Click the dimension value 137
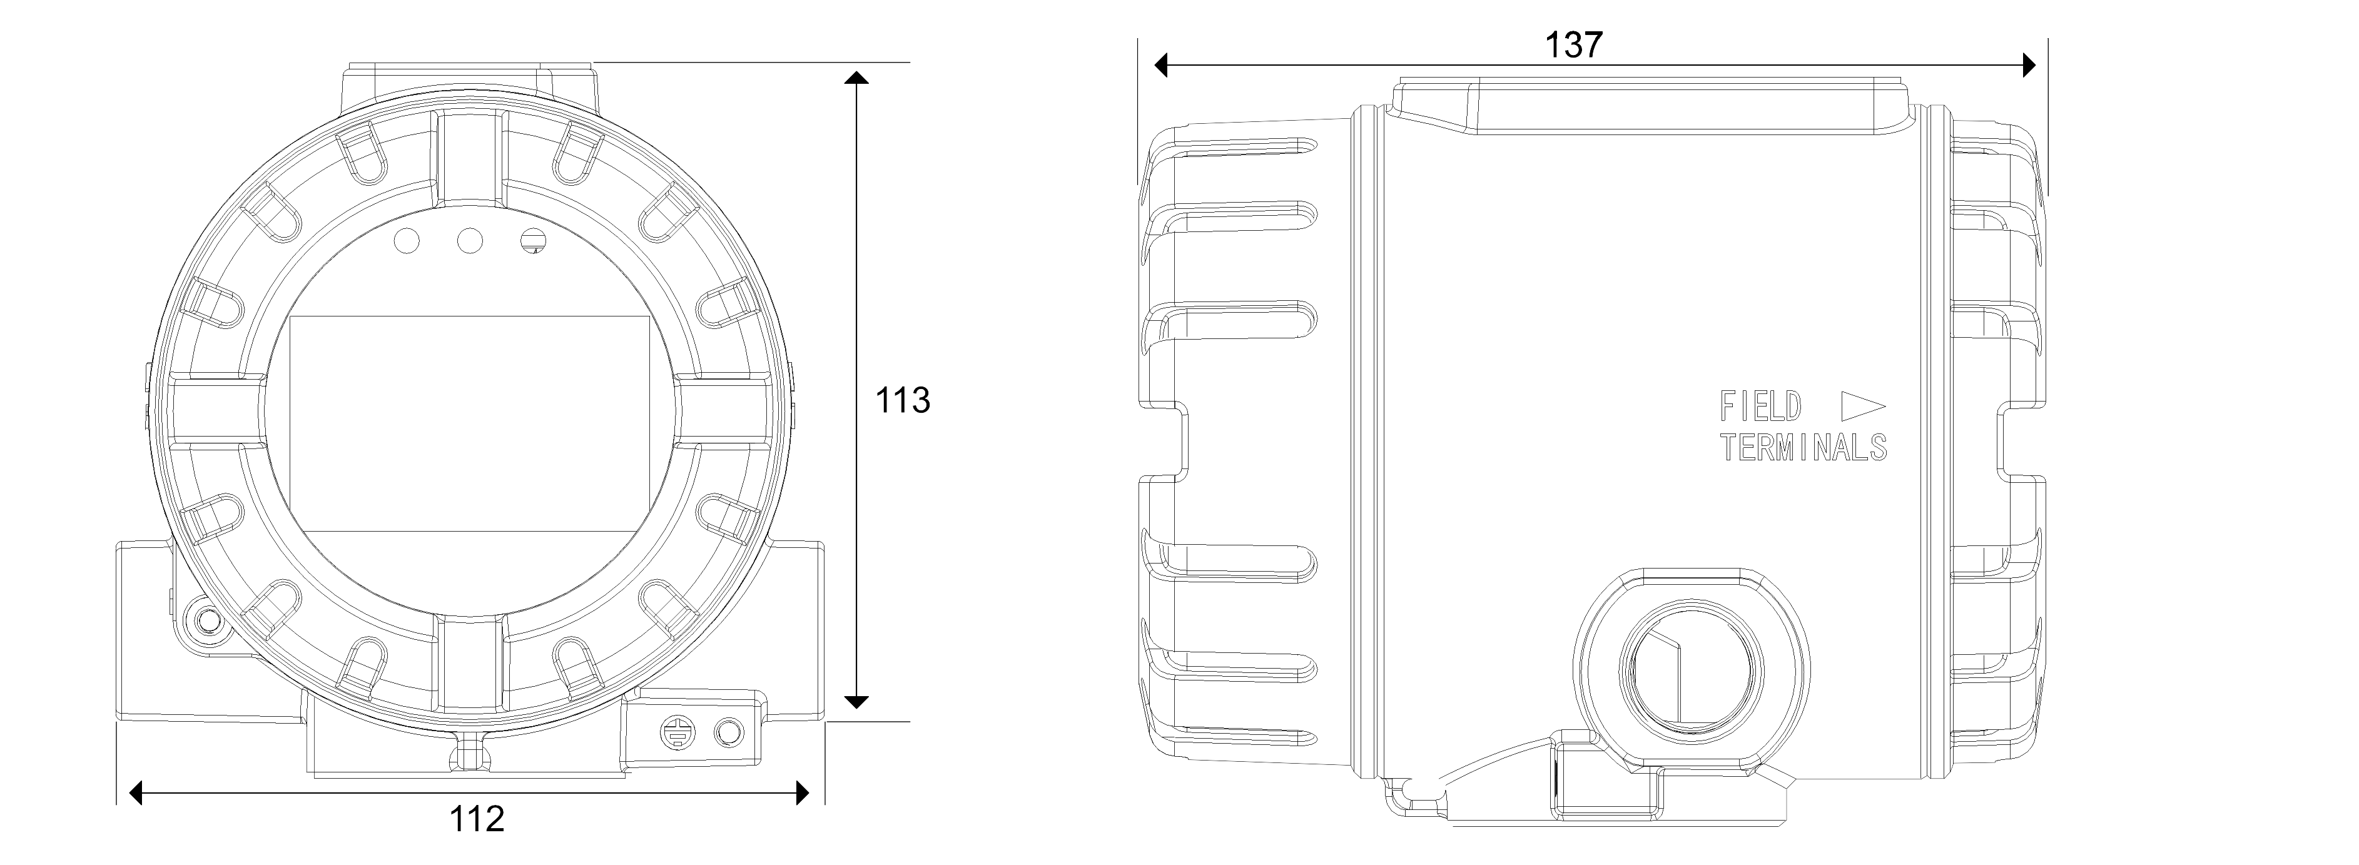coord(1573,45)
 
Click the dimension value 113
coord(903,400)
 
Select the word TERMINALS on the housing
coord(1803,448)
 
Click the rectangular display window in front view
coord(470,424)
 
